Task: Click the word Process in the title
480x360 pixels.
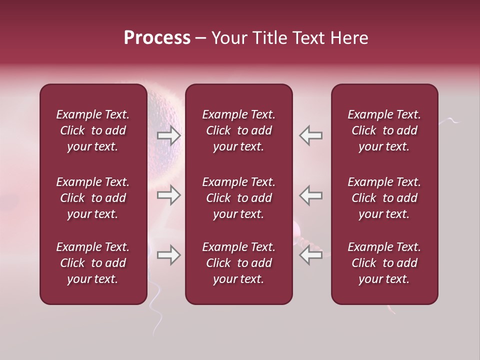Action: [157, 38]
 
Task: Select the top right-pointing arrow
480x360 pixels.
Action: [169, 135]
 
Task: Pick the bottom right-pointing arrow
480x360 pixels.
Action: [169, 255]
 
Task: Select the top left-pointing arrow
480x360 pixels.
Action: [310, 135]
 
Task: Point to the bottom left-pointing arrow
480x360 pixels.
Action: [310, 255]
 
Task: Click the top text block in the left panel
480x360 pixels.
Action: [93, 130]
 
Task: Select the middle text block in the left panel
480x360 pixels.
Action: [93, 198]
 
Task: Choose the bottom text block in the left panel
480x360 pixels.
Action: [93, 263]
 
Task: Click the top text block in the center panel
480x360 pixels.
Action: [238, 130]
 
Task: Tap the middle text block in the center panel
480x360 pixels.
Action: [238, 198]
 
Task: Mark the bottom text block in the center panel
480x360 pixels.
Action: [238, 263]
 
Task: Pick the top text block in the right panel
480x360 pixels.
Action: [384, 130]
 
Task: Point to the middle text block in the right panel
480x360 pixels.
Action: [384, 198]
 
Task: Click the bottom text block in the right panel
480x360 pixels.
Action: [384, 263]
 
